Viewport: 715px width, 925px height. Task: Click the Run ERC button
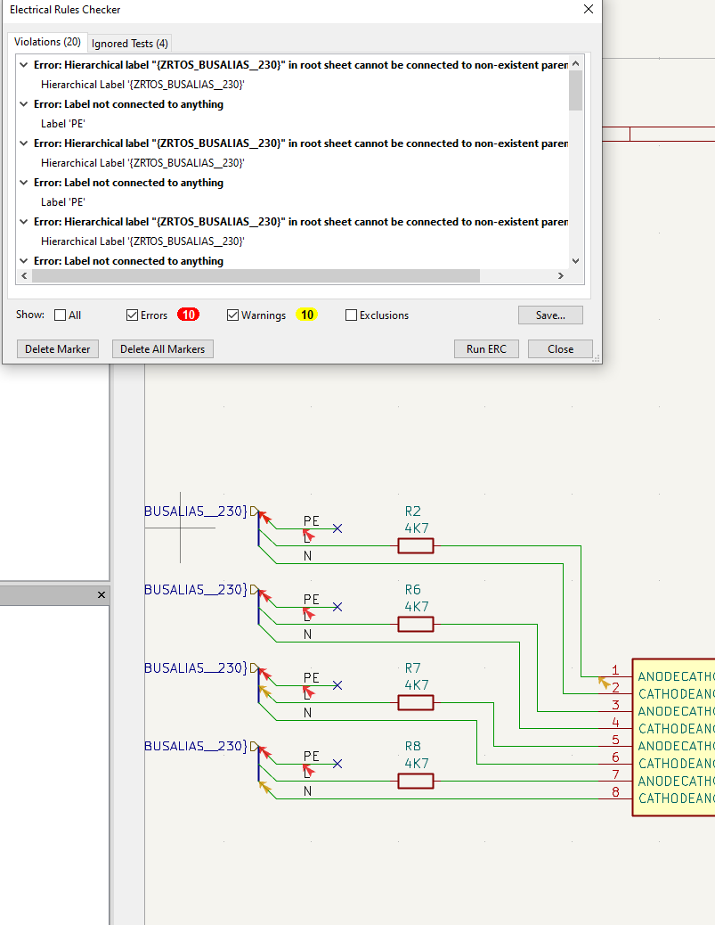[x=486, y=348]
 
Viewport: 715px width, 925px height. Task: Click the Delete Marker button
[x=58, y=348]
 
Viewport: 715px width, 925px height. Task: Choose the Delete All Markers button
[x=163, y=348]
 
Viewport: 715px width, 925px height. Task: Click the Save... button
[x=550, y=315]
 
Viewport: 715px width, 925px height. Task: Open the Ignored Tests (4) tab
[x=130, y=43]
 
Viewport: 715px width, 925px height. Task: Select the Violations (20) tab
[x=47, y=42]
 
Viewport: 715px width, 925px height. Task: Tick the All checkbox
[x=61, y=315]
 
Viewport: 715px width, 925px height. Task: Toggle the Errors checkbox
[x=133, y=315]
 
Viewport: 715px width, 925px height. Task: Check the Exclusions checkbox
[x=351, y=315]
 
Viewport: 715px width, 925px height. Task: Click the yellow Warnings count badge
[x=306, y=315]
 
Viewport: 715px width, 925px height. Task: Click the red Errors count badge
[x=188, y=315]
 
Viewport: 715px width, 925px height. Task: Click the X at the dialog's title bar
[x=588, y=9]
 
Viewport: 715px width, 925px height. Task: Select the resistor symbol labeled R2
[x=415, y=545]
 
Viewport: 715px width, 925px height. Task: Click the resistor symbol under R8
[x=415, y=781]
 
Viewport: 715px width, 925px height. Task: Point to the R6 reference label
[x=412, y=590]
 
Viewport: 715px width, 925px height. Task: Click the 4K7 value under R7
[x=417, y=685]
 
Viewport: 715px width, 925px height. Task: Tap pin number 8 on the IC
[x=614, y=791]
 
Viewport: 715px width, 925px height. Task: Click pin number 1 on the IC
[x=614, y=670]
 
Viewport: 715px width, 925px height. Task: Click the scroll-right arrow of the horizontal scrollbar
[x=560, y=276]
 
